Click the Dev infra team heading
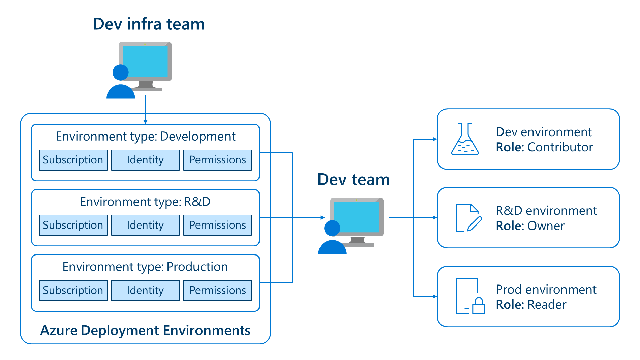(149, 24)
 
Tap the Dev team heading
(354, 180)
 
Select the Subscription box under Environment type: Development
(73, 160)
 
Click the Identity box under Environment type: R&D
(145, 225)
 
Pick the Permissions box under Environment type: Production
(217, 290)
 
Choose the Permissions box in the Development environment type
(217, 160)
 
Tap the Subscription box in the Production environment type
(73, 290)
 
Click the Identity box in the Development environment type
(145, 160)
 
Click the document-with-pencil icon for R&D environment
(468, 218)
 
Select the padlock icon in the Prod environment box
(479, 306)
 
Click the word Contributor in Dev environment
(560, 147)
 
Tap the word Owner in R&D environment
(546, 226)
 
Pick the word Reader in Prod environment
(547, 305)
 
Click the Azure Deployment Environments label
(145, 330)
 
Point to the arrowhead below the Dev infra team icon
(145, 122)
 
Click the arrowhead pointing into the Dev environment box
(435, 139)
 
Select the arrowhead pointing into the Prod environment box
(435, 297)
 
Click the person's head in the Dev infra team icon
(120, 72)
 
